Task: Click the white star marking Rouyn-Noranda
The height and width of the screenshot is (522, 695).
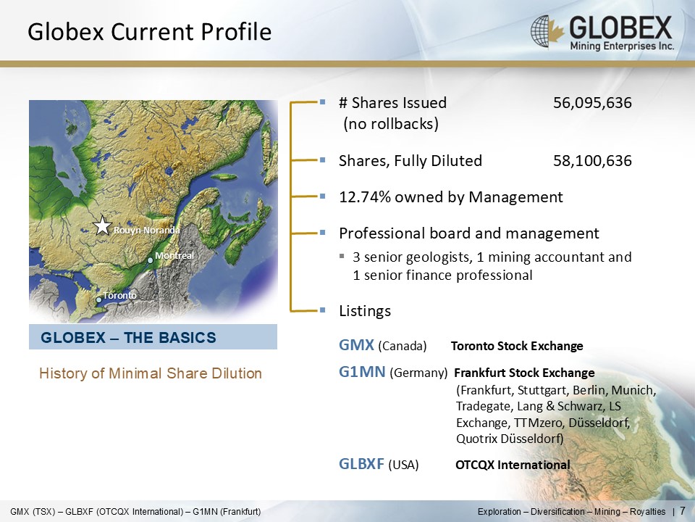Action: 102,225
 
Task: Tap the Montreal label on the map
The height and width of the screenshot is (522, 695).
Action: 174,256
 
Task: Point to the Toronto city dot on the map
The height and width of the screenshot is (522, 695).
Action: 99,300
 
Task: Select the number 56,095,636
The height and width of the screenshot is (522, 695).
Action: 592,103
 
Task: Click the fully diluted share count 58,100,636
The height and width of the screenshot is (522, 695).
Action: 592,161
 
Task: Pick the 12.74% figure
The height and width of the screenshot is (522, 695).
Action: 365,196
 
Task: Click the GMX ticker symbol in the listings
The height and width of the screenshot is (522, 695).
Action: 356,345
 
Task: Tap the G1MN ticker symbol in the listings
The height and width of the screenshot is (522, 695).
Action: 362,371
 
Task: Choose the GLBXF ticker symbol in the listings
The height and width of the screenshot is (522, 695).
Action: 362,464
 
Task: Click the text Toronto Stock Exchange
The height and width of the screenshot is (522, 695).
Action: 517,347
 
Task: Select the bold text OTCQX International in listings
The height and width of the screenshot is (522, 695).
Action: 513,465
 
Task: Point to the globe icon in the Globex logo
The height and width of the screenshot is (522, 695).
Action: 542,31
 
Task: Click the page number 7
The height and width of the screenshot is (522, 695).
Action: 683,510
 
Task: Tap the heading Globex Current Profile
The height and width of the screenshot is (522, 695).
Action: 149,32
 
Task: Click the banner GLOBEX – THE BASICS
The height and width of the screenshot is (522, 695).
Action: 153,337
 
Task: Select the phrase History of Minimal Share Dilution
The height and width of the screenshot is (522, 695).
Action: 151,373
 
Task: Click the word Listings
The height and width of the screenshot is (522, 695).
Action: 365,311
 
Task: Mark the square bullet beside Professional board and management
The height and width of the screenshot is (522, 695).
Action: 322,233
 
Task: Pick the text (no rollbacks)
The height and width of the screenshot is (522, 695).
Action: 391,124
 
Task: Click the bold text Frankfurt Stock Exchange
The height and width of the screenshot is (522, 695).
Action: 524,373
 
